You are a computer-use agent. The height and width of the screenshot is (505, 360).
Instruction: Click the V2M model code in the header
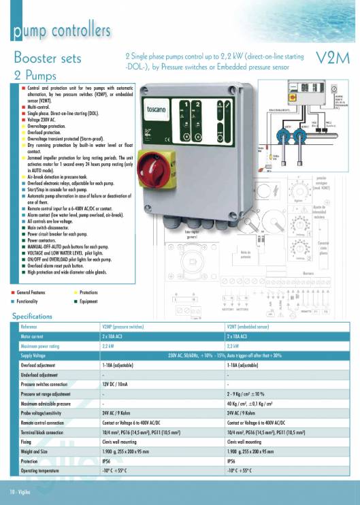tap(333, 57)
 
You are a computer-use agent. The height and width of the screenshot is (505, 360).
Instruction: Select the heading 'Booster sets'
tap(47, 58)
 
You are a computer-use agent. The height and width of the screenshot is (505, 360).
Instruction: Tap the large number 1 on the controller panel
tap(185, 104)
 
